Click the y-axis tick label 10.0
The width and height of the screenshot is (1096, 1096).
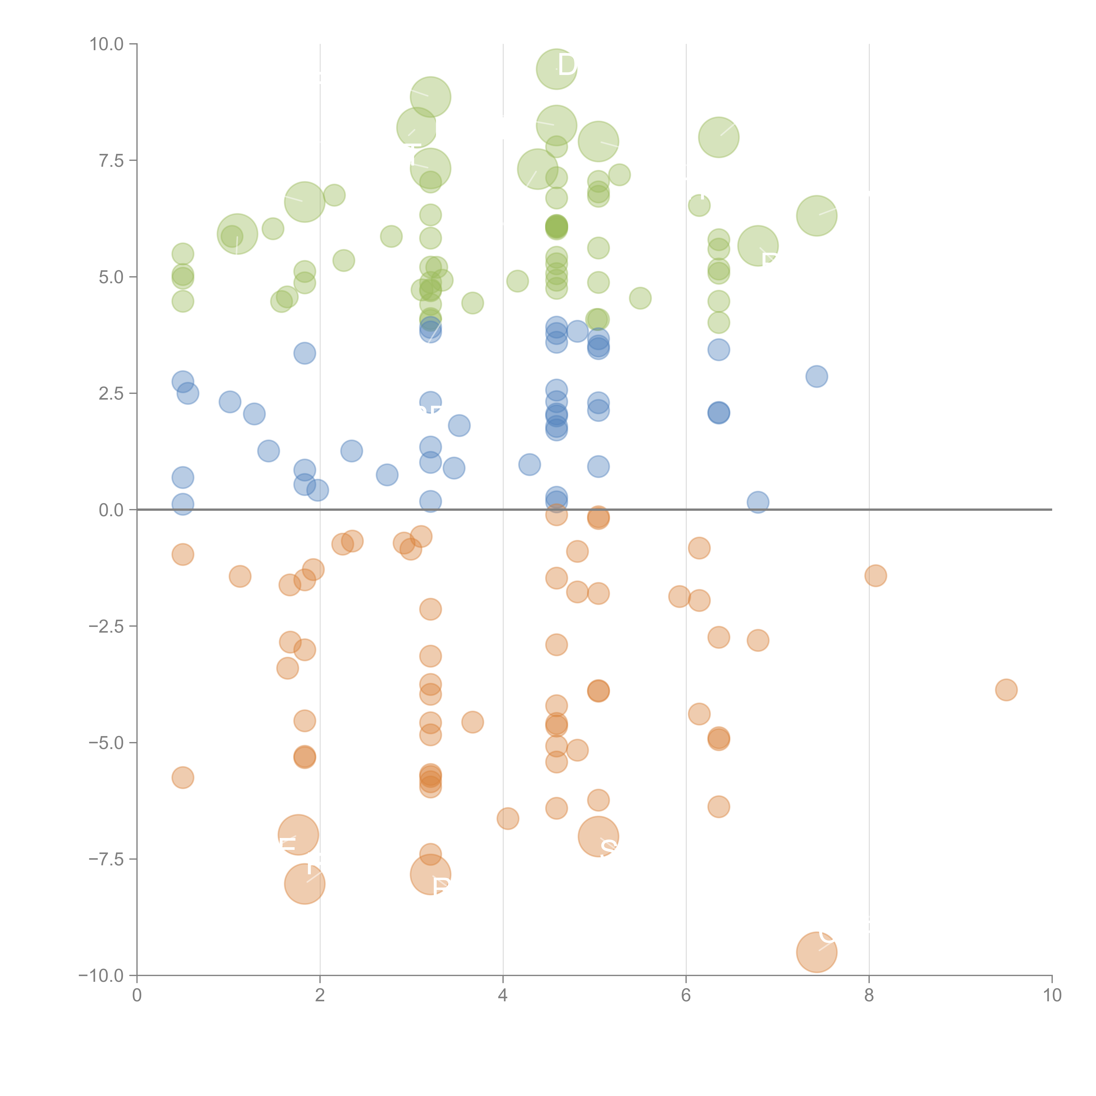click(x=107, y=44)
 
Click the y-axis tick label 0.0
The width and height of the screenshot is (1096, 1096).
click(x=111, y=510)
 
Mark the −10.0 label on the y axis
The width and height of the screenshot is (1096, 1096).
click(x=102, y=976)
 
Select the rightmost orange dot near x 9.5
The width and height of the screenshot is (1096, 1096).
click(x=1006, y=690)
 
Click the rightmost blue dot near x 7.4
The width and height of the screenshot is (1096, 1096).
click(x=816, y=376)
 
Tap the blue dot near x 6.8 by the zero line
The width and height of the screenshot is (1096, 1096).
click(x=758, y=502)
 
